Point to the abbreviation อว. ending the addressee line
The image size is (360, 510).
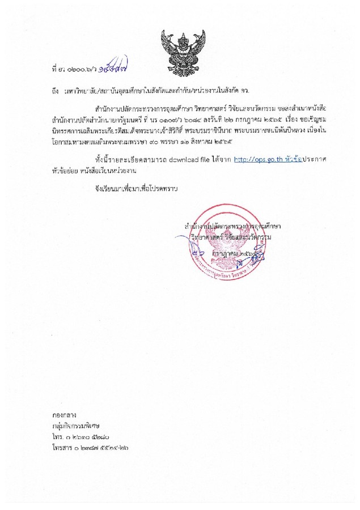(x=244, y=90)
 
